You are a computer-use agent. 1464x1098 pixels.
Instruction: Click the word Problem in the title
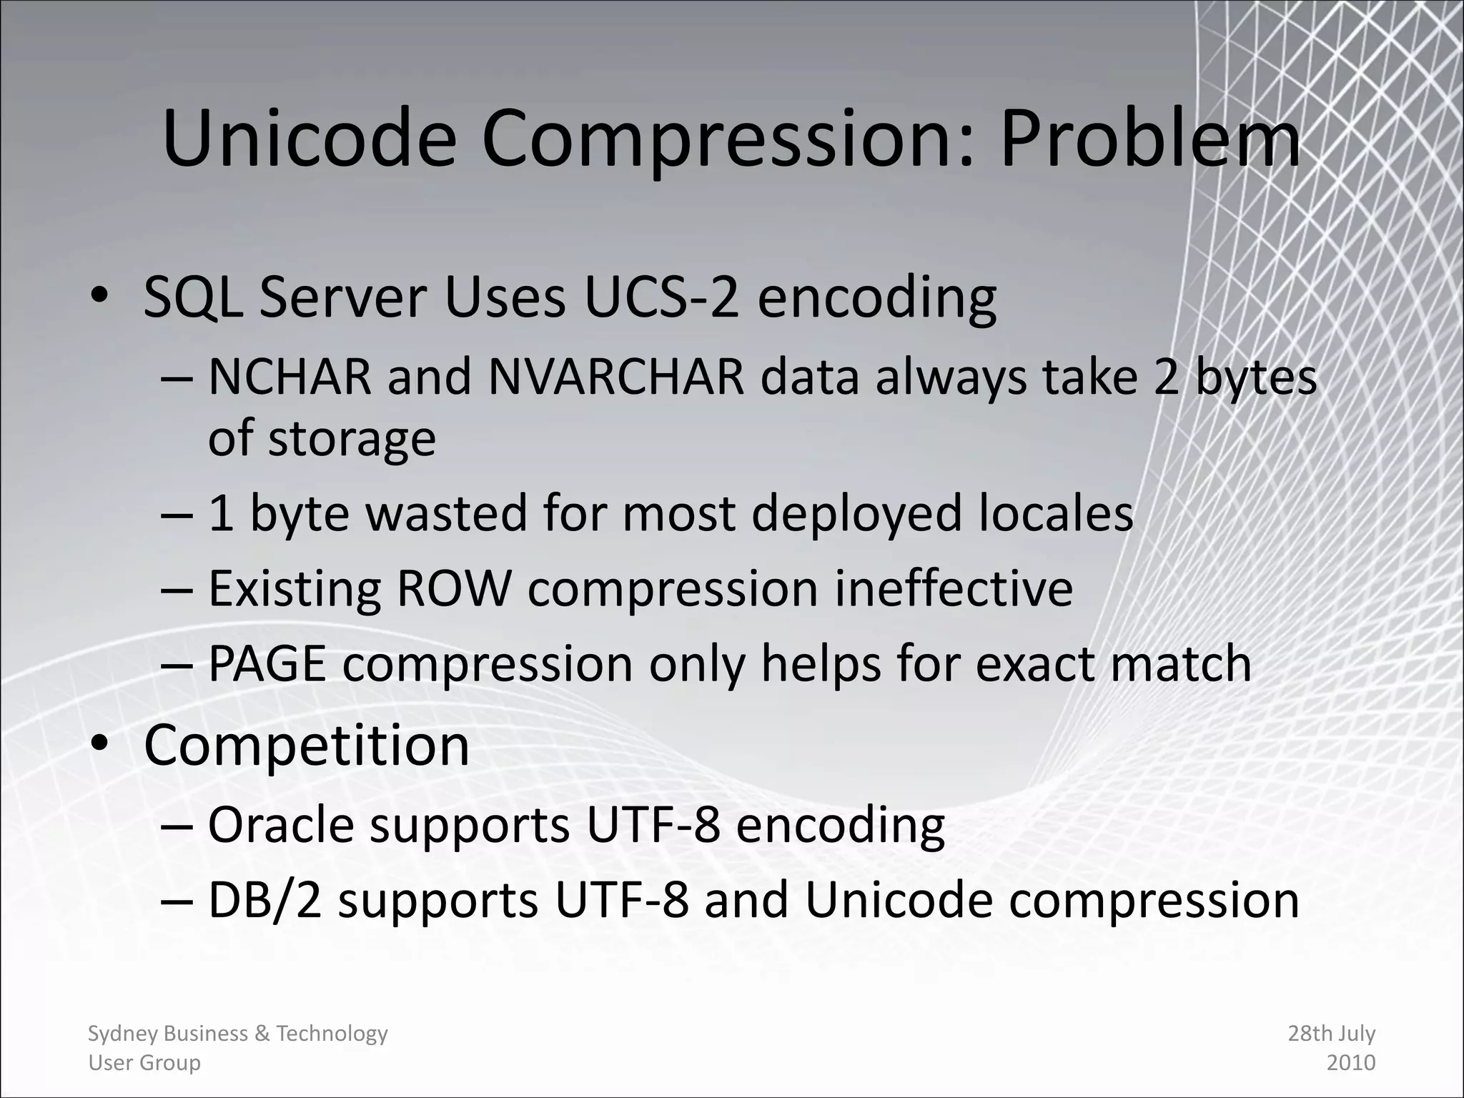(x=1149, y=139)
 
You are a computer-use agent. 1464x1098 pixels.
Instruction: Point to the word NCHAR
(x=290, y=377)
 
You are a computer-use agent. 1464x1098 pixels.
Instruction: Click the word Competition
(x=307, y=745)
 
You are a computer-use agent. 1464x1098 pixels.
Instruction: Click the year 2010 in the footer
(x=1350, y=1063)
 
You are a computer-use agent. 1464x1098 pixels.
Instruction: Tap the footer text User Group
(x=144, y=1063)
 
